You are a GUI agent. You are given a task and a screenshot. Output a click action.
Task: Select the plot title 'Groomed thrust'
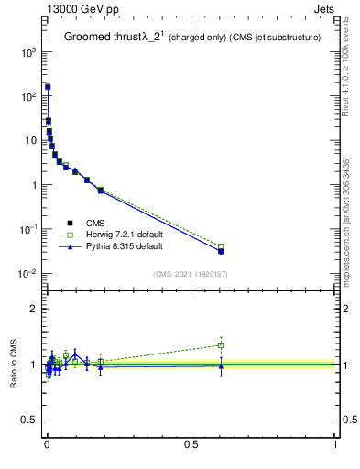100,37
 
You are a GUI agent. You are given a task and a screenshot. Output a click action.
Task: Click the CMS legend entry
95,223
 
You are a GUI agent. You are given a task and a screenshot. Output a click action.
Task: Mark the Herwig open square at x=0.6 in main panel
221,246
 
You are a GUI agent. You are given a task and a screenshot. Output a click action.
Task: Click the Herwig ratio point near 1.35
221,345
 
